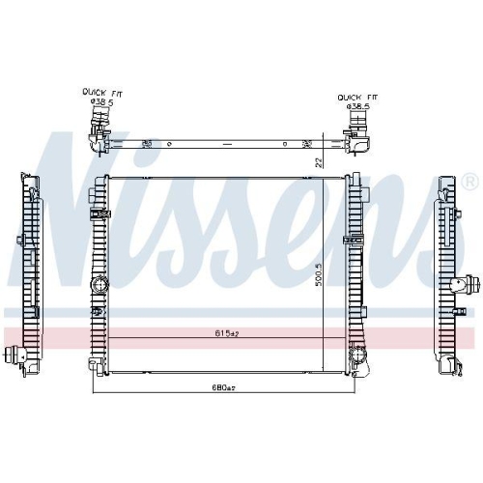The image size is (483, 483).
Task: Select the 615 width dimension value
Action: [225, 334]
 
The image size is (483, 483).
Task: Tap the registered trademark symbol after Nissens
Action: [469, 182]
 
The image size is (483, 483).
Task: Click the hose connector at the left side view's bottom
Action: [14, 356]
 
